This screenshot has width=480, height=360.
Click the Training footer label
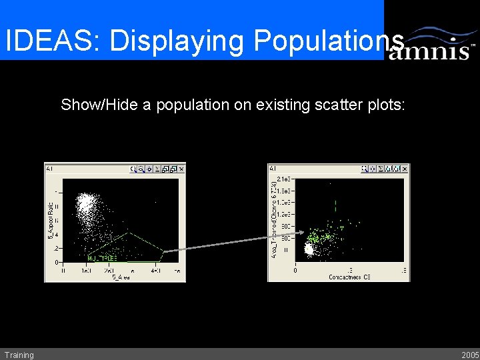pyautogui.click(x=19, y=355)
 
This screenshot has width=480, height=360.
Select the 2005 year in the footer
pyautogui.click(x=469, y=355)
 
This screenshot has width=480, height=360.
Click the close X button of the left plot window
pyautogui.click(x=181, y=169)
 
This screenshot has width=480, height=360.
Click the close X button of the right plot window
pyautogui.click(x=405, y=169)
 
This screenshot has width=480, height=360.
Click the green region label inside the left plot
pyautogui.click(x=102, y=257)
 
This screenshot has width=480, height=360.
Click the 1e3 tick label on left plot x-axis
pyautogui.click(x=86, y=271)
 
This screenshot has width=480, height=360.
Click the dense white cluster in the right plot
pyautogui.click(x=309, y=249)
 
